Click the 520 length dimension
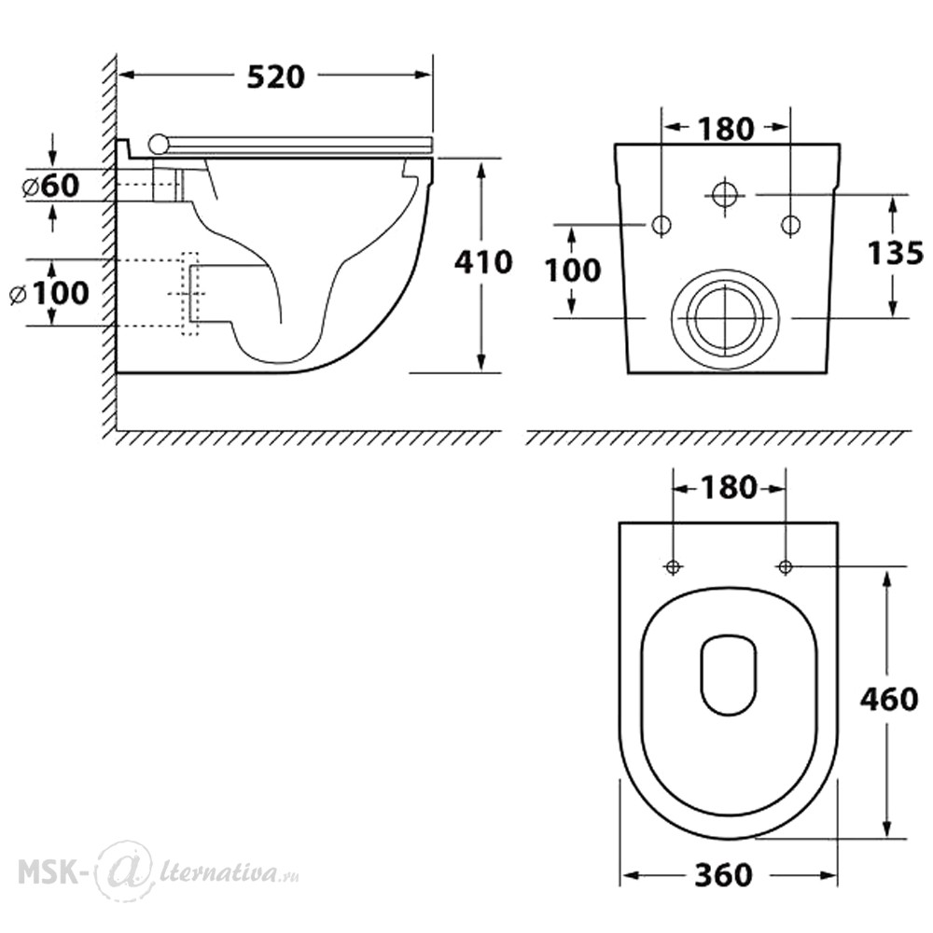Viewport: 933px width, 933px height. [275, 77]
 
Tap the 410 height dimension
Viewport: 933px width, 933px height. [483, 262]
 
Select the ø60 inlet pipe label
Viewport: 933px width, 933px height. [50, 186]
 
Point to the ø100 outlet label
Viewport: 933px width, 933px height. [50, 293]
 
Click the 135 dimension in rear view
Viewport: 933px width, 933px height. [896, 253]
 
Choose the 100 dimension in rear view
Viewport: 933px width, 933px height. [573, 271]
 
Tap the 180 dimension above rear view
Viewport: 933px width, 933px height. [726, 129]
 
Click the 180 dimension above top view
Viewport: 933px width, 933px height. [729, 488]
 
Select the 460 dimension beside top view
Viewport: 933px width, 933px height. [889, 699]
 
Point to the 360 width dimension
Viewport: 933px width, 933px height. [724, 875]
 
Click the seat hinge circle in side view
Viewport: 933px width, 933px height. [159, 144]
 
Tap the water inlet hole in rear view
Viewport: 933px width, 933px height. [725, 193]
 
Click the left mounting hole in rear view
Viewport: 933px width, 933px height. [662, 225]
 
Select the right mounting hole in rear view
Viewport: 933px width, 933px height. [790, 225]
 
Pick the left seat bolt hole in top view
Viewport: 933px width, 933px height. [673, 566]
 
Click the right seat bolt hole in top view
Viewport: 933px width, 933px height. [786, 566]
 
